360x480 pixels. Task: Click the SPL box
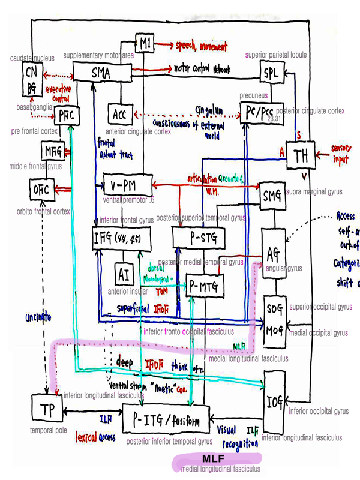[x=271, y=74]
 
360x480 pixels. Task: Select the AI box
[x=124, y=275]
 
